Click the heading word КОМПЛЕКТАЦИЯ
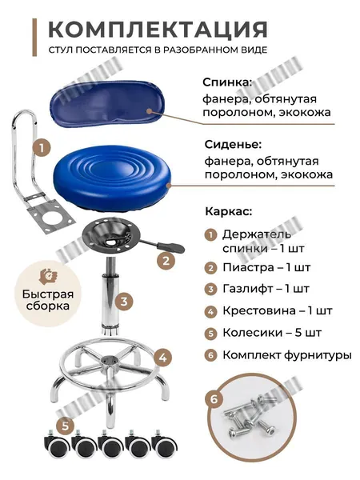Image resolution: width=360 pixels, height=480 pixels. pos(158,30)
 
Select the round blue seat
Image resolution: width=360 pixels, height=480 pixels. pos(112,178)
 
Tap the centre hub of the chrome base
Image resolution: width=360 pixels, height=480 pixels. pos(110,361)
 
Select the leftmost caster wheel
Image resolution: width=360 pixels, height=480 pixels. pos(58,446)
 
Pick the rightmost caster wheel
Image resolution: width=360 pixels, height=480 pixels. pos(165,446)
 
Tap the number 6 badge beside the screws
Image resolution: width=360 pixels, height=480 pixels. pos(214,399)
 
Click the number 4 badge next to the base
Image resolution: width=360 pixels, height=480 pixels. pos(163,358)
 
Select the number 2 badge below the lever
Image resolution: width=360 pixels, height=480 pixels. pos(166,261)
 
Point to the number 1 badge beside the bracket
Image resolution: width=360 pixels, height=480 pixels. pos(42,149)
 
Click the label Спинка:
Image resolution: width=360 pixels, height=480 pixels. pos(227,82)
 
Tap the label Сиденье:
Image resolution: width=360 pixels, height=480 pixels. pos(234,145)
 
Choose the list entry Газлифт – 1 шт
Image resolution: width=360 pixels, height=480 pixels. pos(266,289)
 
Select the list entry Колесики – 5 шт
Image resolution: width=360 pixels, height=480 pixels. pos(272,333)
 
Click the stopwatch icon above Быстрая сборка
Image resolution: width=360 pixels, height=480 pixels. pos(47,276)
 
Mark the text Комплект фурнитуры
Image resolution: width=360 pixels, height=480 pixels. pos(287,355)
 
